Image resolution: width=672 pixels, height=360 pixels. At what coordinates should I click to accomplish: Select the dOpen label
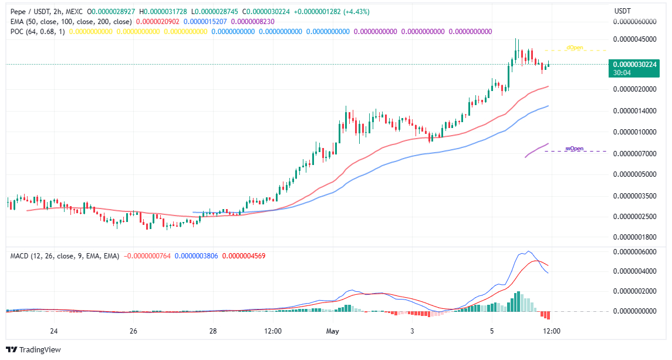click(x=575, y=48)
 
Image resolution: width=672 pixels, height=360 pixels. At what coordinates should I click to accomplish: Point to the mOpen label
click(x=574, y=149)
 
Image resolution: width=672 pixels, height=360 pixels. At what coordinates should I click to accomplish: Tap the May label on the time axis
click(x=333, y=331)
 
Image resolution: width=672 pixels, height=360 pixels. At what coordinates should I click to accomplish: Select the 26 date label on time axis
click(x=133, y=331)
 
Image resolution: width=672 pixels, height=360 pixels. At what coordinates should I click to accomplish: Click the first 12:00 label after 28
click(x=273, y=331)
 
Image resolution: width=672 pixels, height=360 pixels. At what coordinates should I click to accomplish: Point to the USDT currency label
click(x=622, y=11)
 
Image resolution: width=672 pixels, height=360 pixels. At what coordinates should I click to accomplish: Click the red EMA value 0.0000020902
click(x=158, y=21)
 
